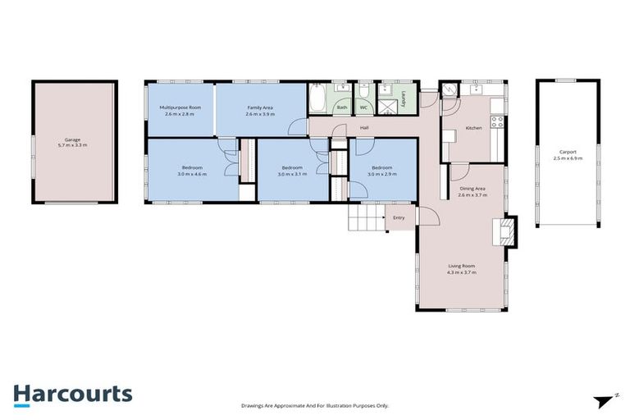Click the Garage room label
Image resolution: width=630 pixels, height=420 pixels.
[72, 139]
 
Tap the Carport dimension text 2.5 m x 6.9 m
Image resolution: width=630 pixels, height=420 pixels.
[567, 157]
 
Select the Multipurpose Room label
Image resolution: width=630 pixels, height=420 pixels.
[180, 107]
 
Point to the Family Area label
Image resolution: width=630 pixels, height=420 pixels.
[261, 107]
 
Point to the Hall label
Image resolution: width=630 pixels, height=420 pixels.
[363, 127]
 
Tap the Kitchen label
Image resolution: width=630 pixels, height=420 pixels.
[473, 128]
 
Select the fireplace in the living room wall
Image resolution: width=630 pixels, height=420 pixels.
[508, 231]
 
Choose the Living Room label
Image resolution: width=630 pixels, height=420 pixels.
[461, 266]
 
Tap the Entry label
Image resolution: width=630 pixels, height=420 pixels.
[399, 218]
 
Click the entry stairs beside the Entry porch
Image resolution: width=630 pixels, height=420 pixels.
[366, 217]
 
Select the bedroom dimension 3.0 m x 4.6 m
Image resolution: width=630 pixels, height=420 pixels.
[192, 174]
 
